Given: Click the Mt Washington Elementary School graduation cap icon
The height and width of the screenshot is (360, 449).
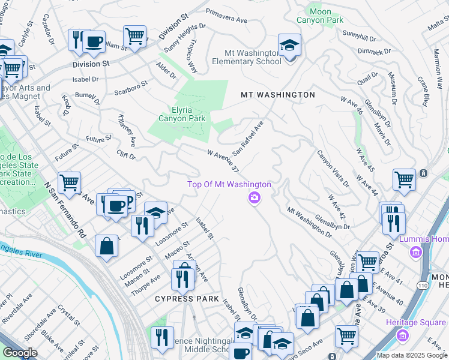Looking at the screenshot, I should (289, 44).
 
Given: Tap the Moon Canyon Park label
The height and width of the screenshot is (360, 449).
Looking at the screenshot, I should (320, 16).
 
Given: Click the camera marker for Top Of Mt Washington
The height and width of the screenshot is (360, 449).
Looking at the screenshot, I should (255, 197).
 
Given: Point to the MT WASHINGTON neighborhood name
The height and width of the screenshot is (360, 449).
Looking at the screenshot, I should (277, 95).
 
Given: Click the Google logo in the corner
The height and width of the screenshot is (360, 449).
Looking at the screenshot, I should (19, 353).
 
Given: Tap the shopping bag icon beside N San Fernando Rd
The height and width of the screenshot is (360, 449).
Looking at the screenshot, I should (106, 246).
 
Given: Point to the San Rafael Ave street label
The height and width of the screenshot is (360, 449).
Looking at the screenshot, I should (248, 137).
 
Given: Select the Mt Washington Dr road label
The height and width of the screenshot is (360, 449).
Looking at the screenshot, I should (309, 222).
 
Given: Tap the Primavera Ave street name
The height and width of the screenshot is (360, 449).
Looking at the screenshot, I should (226, 16).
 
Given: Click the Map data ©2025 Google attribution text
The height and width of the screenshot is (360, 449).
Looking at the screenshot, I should (411, 355).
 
